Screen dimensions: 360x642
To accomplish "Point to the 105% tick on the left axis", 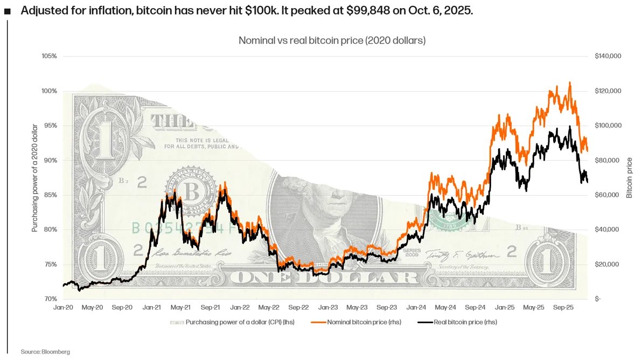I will [x=50, y=56].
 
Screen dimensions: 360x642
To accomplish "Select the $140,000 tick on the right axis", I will [x=608, y=56].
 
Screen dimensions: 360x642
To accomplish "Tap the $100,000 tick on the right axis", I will [x=608, y=126].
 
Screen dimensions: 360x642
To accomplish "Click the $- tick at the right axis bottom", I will [x=598, y=299].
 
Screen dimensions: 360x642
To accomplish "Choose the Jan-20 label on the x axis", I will [x=64, y=307].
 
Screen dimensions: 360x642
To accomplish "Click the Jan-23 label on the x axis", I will [x=328, y=307].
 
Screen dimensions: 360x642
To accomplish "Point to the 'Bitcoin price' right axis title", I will [x=629, y=178].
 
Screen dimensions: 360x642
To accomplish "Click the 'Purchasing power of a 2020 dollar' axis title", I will [x=35, y=178].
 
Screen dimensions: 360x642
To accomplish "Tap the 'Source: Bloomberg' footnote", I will [x=45, y=351].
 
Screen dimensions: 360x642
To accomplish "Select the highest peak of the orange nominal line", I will [x=570, y=83].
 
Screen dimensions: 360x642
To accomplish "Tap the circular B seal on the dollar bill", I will [x=190, y=190].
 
